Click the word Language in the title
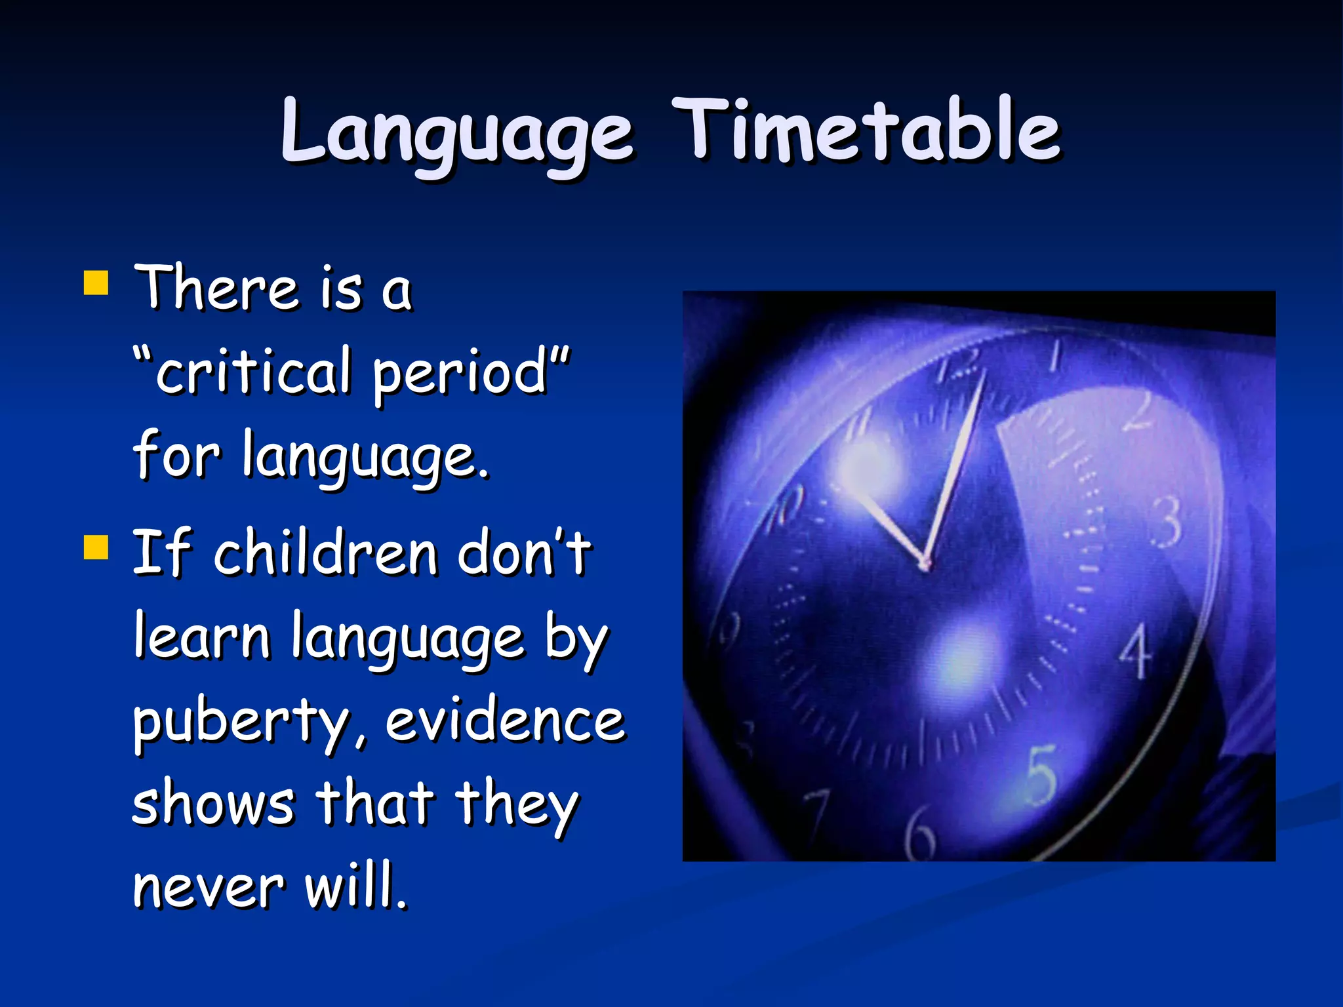coord(457,131)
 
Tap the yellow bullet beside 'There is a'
coord(96,284)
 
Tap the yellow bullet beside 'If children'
coord(96,547)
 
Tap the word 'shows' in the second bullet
coord(214,804)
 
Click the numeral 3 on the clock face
coord(1167,523)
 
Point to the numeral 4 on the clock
coord(1135,650)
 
